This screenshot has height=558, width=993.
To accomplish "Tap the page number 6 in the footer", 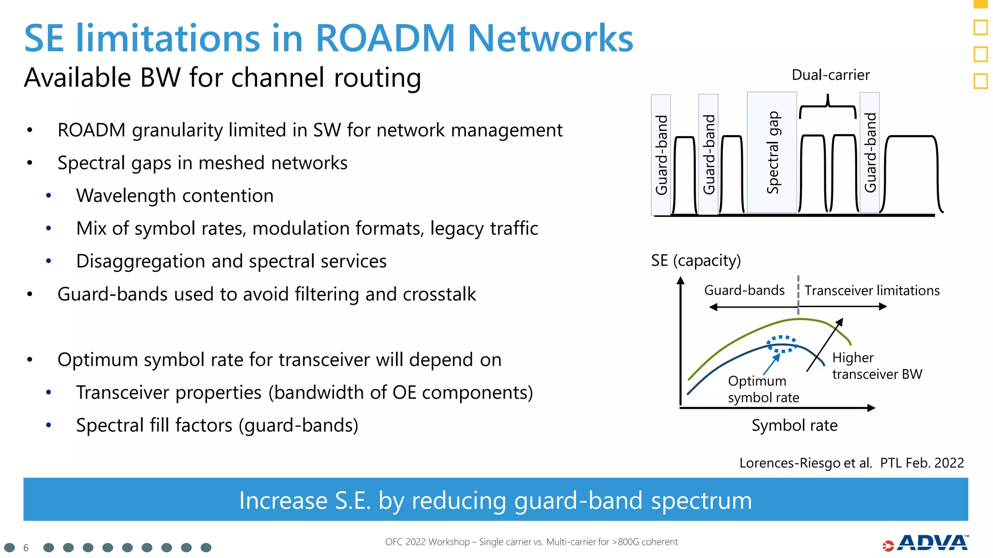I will (26, 548).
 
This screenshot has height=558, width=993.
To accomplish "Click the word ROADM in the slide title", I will (384, 38).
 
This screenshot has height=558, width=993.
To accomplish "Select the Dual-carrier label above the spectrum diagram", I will (830, 75).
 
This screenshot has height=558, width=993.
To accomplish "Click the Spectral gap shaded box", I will (772, 153).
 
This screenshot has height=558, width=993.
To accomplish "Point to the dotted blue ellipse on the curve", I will (782, 344).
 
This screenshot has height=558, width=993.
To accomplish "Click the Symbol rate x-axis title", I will (794, 425).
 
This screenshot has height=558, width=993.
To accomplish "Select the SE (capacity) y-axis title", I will (695, 261).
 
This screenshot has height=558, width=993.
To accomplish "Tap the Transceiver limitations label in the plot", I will (872, 291).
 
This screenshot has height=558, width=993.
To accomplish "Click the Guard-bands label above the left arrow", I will (744, 290).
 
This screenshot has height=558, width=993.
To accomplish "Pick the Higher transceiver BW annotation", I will (877, 366).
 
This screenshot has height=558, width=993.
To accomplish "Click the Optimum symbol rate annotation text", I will (763, 389).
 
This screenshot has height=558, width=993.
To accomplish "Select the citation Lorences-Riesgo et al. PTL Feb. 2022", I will (851, 463).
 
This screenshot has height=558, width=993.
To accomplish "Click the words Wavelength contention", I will (175, 196).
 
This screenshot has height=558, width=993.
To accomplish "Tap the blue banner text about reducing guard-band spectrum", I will (495, 500).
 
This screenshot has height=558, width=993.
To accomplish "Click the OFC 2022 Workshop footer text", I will (531, 542).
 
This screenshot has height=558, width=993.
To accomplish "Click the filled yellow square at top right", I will (980, 4).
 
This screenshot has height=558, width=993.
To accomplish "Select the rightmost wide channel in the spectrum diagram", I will (912, 174).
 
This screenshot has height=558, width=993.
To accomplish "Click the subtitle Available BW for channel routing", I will (222, 78).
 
